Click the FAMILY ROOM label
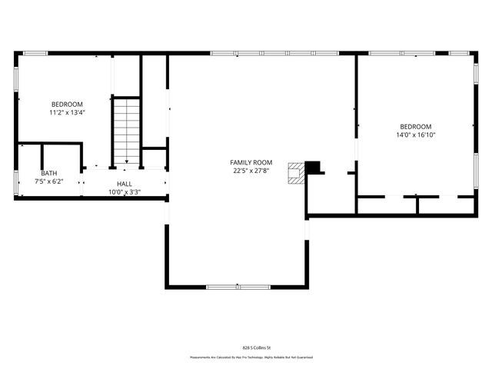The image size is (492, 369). [x=251, y=162]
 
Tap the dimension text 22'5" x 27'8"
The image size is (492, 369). [x=251, y=171]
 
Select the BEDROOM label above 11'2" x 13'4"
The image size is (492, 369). [x=67, y=104]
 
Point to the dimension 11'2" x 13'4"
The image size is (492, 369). [x=67, y=112]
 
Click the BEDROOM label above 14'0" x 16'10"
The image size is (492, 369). [x=415, y=126]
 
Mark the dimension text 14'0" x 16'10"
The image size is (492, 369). [x=415, y=135]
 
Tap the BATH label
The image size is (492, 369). [x=49, y=173]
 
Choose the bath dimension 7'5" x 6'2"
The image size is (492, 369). [x=49, y=181]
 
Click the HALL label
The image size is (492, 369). [x=124, y=184]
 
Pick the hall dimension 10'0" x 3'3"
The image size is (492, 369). [x=124, y=191]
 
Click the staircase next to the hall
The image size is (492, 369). [x=127, y=130]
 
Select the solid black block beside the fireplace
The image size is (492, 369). [x=313, y=167]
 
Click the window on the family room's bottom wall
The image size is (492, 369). [x=238, y=287]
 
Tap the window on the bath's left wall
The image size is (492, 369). [x=16, y=182]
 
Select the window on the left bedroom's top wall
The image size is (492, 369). [x=35, y=53]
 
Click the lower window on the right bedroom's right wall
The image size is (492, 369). [x=476, y=165]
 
